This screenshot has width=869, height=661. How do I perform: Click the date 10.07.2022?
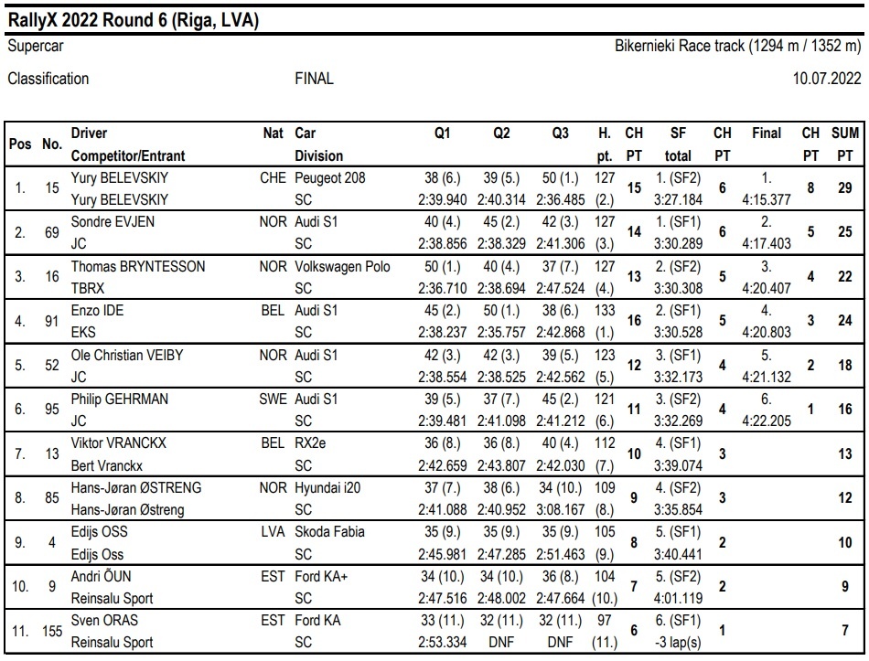(x=826, y=78)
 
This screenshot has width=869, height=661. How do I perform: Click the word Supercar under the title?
(x=36, y=46)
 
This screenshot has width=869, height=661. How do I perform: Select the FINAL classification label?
(x=315, y=78)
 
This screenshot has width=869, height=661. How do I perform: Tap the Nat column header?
(x=274, y=133)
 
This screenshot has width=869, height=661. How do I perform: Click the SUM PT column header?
(x=844, y=144)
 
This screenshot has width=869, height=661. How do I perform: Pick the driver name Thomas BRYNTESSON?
(x=138, y=267)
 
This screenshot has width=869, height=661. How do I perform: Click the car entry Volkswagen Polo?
(x=342, y=267)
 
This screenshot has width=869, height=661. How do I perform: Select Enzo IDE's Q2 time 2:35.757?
(x=501, y=333)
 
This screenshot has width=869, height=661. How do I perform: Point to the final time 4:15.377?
(x=767, y=199)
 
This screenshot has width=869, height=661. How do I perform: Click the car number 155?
(x=52, y=631)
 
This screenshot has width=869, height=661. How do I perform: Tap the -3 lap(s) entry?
(x=678, y=642)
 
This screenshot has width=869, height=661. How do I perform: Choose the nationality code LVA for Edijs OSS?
(x=274, y=532)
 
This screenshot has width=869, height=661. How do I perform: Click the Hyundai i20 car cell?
(x=327, y=487)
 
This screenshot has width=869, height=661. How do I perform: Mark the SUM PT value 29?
(x=844, y=187)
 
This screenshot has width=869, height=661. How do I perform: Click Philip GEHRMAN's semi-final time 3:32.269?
(x=678, y=421)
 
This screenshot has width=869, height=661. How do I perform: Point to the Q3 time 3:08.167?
(x=561, y=510)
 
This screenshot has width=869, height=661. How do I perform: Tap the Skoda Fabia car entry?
(x=329, y=532)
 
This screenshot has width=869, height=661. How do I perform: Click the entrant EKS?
(x=83, y=333)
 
